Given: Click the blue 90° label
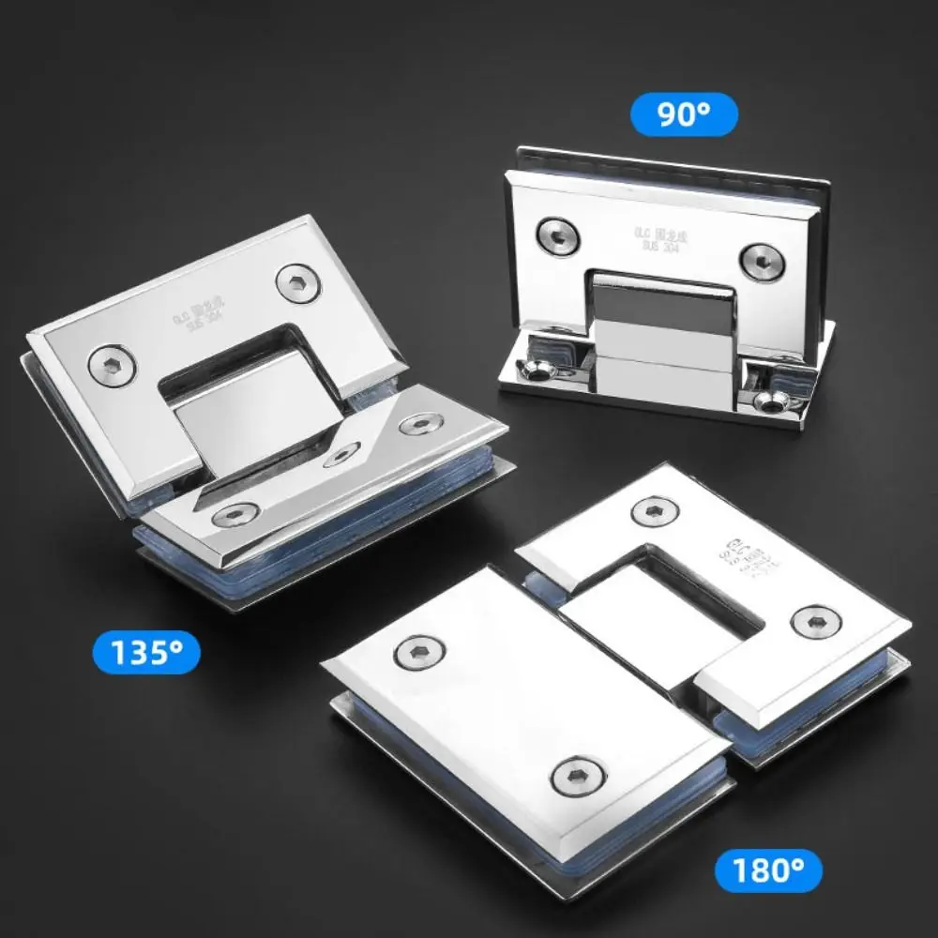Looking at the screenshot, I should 683,114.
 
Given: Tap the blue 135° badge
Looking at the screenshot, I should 146,652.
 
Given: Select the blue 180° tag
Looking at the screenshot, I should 767,870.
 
